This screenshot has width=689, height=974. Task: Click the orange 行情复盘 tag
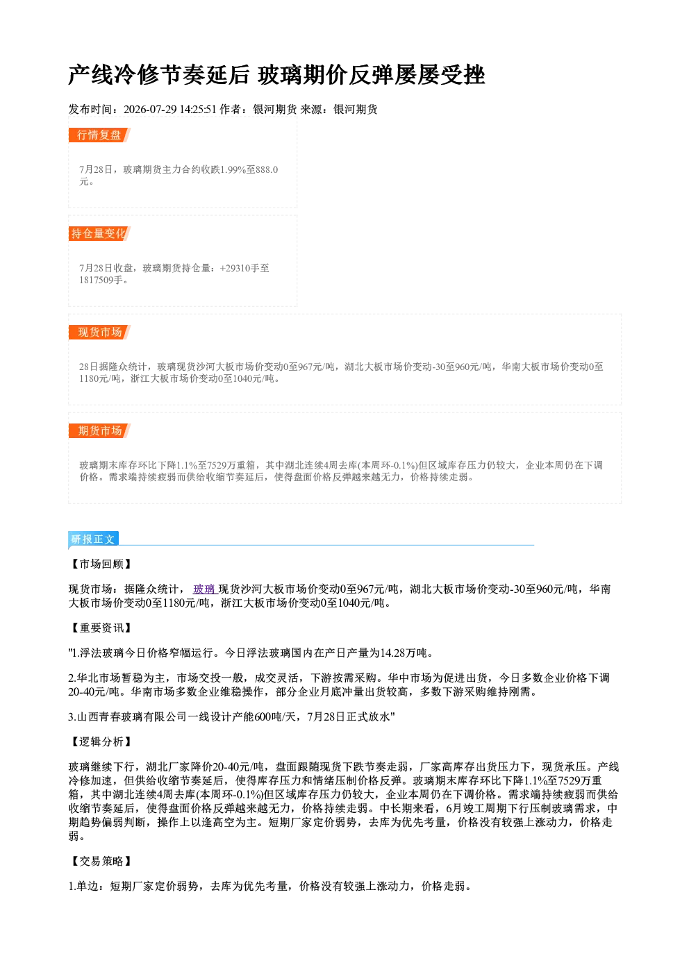99,135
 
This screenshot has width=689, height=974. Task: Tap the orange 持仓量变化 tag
99,233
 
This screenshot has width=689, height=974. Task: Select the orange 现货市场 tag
99,333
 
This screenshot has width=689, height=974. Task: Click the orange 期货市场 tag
99,431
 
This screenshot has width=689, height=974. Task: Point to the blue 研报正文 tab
93,539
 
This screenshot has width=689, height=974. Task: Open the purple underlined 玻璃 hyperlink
204,589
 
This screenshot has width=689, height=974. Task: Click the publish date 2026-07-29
150,109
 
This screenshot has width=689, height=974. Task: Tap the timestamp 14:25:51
198,109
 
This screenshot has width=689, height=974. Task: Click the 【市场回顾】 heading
101,564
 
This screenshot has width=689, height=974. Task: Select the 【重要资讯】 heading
101,628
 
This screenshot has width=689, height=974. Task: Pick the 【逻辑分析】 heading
101,742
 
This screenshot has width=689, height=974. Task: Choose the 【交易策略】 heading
101,861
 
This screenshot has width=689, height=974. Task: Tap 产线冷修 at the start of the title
113,75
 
